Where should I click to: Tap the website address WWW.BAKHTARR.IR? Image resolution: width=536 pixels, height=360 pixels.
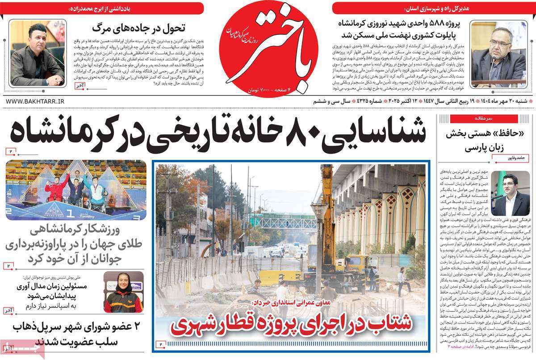[x=35, y=102]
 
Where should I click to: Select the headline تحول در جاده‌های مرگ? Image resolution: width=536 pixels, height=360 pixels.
[x=134, y=28]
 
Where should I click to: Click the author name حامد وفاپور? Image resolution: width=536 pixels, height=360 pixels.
[x=514, y=157]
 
